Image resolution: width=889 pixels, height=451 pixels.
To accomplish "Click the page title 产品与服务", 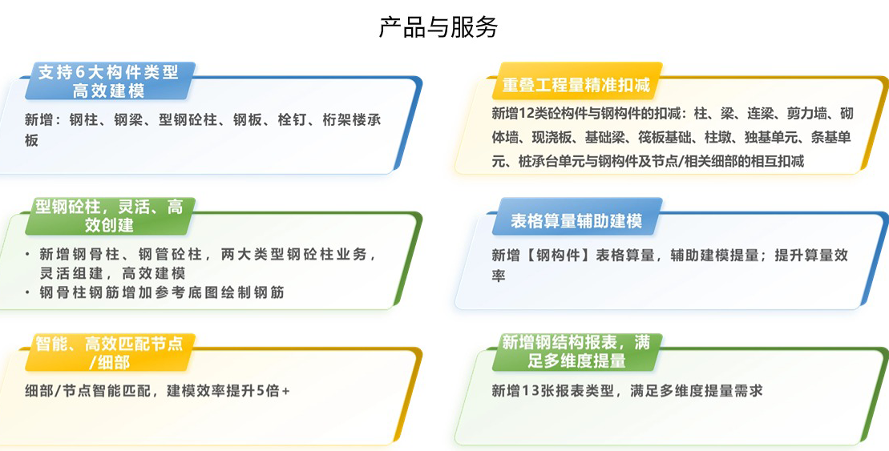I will click(x=438, y=27).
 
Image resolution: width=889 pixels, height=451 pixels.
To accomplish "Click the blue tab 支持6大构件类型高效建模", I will click(x=108, y=82).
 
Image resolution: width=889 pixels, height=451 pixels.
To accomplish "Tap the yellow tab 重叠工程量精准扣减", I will click(x=576, y=85).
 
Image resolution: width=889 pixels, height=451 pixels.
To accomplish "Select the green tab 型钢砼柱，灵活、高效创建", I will click(x=108, y=216).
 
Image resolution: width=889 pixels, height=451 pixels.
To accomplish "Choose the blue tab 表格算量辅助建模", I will click(x=576, y=220).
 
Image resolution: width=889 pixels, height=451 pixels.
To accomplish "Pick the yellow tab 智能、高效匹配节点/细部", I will click(x=108, y=352).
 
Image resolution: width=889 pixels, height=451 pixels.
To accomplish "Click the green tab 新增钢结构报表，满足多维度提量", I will click(x=576, y=352).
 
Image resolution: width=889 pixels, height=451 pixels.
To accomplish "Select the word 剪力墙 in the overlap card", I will click(x=802, y=113).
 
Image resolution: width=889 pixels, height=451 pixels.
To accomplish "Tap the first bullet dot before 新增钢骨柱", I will click(x=26, y=255).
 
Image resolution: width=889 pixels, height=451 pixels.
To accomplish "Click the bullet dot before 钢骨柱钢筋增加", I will click(x=26, y=292).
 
